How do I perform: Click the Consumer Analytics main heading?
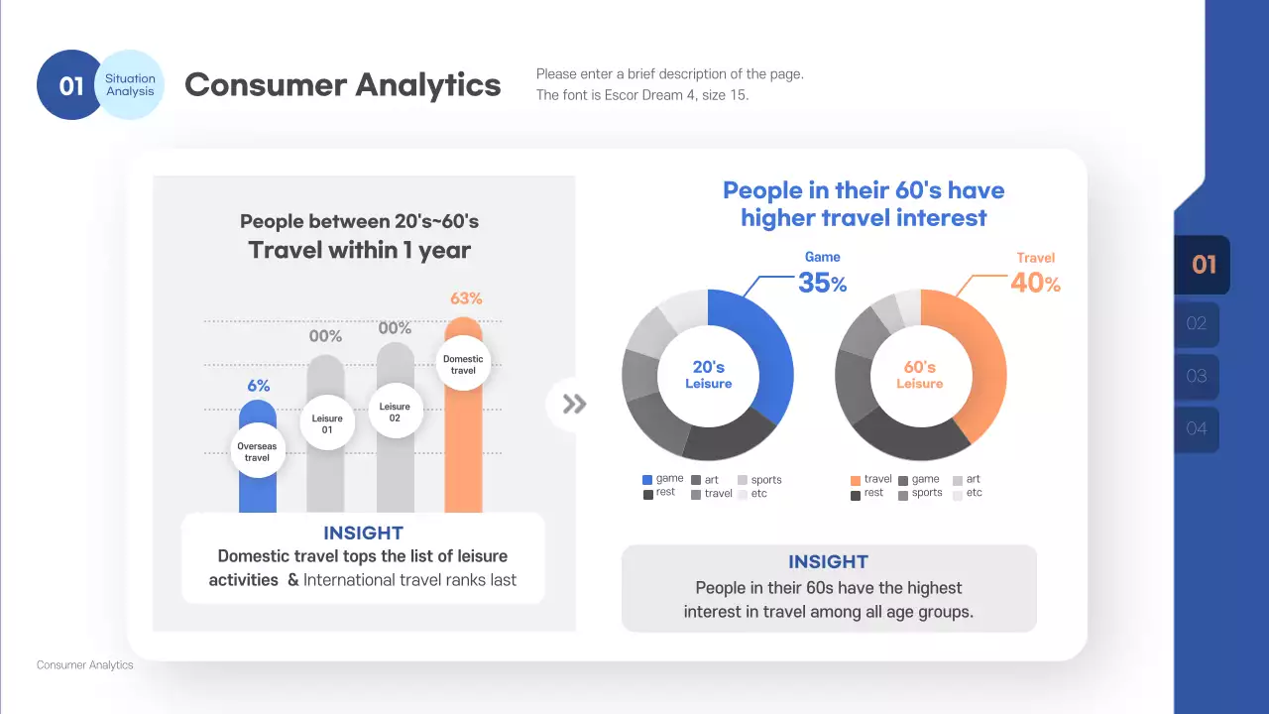tap(343, 85)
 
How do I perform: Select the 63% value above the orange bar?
tap(466, 298)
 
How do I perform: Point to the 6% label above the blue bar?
tap(258, 386)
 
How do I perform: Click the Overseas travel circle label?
tap(258, 452)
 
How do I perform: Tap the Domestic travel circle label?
tap(463, 364)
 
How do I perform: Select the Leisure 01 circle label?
tap(327, 423)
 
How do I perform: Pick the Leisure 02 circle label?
tap(395, 412)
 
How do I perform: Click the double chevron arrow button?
tap(574, 404)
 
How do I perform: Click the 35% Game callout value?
tap(822, 283)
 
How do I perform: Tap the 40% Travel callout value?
tap(1035, 283)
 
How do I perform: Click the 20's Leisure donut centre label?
tap(708, 375)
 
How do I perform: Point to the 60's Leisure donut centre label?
tap(920, 375)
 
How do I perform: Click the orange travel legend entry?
tap(871, 479)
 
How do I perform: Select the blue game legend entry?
tap(663, 479)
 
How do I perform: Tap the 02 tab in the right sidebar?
tap(1197, 323)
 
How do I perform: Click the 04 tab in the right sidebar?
tap(1197, 428)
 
